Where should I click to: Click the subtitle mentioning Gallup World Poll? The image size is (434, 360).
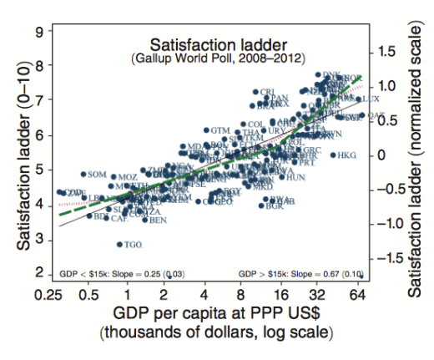click(219, 58)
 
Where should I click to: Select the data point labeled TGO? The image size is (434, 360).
click(119, 244)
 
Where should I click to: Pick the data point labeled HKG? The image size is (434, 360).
click(332, 155)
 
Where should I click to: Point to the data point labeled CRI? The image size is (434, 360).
click(256, 92)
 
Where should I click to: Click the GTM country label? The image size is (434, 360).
click(220, 130)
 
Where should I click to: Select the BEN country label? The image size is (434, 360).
click(158, 220)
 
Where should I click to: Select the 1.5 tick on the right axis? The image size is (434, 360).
click(389, 52)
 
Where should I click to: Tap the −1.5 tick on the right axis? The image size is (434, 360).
click(387, 258)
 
